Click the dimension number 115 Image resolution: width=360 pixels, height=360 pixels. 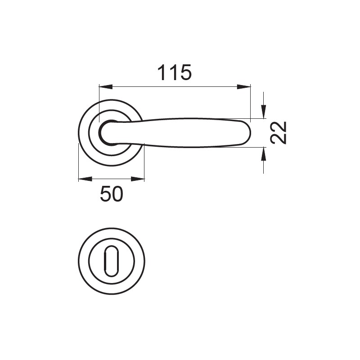[175, 72]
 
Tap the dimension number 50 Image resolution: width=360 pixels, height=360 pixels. [112, 194]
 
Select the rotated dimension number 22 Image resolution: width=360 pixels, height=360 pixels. [279, 133]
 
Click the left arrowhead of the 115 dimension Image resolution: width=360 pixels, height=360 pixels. [106, 87]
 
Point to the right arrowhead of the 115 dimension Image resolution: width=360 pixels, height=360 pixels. [243, 87]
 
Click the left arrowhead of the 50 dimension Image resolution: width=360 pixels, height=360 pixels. [85, 179]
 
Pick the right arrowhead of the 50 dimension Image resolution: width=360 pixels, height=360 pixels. [138, 179]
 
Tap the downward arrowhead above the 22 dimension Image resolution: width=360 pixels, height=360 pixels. [264, 111]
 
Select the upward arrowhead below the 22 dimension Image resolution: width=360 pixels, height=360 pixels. [264, 154]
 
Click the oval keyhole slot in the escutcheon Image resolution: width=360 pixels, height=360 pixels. [112, 261]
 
